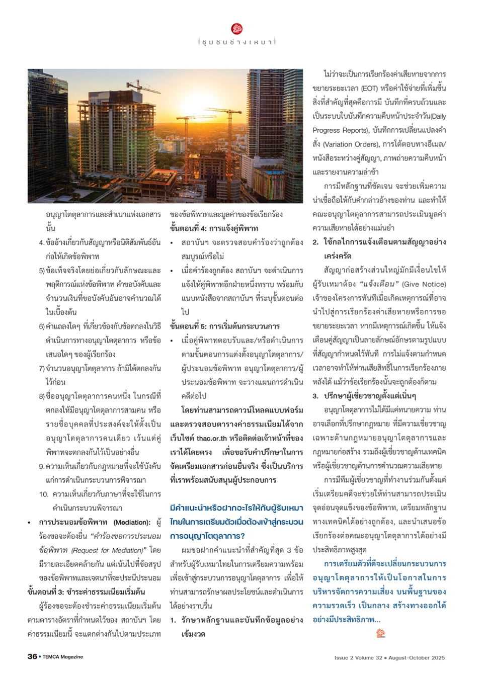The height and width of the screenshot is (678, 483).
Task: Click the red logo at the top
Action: (x=237, y=29)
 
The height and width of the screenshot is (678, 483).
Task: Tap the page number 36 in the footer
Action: (x=32, y=656)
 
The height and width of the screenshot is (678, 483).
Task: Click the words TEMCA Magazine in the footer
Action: (x=62, y=657)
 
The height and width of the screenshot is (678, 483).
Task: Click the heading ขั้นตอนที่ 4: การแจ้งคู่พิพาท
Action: (x=214, y=228)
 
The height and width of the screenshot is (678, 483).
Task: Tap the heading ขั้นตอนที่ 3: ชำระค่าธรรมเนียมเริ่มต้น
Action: (x=86, y=591)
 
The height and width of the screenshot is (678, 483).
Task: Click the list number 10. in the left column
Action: (x=44, y=494)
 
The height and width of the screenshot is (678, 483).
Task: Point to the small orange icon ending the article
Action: (x=381, y=633)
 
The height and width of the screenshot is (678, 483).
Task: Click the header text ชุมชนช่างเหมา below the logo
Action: (x=237, y=42)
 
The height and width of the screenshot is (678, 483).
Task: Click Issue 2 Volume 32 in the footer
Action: (x=358, y=657)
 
